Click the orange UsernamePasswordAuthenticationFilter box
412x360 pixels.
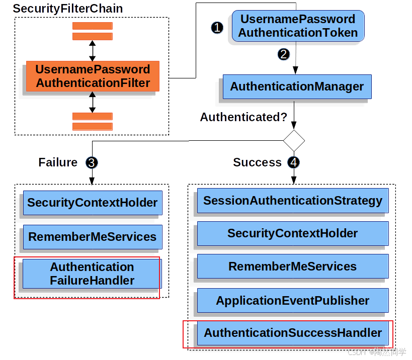pyautogui.click(x=93, y=76)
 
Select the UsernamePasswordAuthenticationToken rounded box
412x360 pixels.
pyautogui.click(x=298, y=26)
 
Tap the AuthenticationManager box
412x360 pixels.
pyautogui.click(x=297, y=86)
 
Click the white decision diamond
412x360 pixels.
pyautogui.click(x=294, y=141)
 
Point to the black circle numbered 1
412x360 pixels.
pyautogui.click(x=217, y=28)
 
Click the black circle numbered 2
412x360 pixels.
pyautogui.click(x=284, y=54)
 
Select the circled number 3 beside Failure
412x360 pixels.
pyautogui.click(x=92, y=162)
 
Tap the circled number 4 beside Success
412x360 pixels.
pyautogui.click(x=293, y=162)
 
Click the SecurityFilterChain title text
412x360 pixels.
pyautogui.click(x=67, y=9)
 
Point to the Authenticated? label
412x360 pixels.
pyautogui.click(x=243, y=117)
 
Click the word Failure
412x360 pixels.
pyautogui.click(x=58, y=162)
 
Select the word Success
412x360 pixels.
pyautogui.click(x=257, y=162)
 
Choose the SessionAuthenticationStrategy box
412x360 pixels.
pyautogui.click(x=293, y=201)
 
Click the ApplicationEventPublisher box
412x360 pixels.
pyautogui.click(x=293, y=301)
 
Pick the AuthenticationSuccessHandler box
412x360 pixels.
pyautogui.click(x=293, y=333)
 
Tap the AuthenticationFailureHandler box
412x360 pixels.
pyautogui.click(x=92, y=274)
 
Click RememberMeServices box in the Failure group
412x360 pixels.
pyautogui.click(x=93, y=237)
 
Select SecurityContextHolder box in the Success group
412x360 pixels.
pyautogui.click(x=293, y=233)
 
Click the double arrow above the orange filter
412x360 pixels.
pyautogui.click(x=92, y=50)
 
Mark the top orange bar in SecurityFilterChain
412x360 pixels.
pyautogui.click(x=92, y=26)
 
